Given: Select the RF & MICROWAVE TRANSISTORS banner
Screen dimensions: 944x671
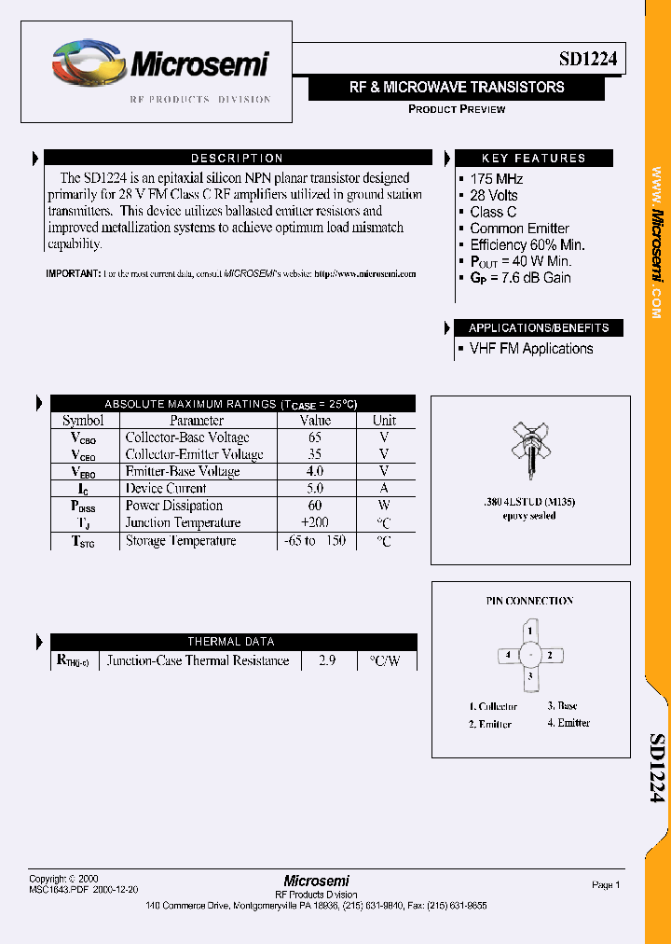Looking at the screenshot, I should pyautogui.click(x=457, y=88).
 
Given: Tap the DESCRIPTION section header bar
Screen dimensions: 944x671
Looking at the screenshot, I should pyautogui.click(x=237, y=159).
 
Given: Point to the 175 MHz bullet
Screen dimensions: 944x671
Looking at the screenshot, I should pyautogui.click(x=496, y=179).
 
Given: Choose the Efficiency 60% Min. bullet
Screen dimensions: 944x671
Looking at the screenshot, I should pyautogui.click(x=527, y=244).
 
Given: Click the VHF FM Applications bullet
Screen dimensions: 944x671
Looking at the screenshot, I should pyautogui.click(x=530, y=349).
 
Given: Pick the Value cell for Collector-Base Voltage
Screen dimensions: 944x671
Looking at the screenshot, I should pyautogui.click(x=314, y=437).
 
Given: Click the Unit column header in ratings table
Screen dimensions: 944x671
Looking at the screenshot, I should pyautogui.click(x=384, y=421).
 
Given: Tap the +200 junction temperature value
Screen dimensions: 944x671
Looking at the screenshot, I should pyautogui.click(x=314, y=523).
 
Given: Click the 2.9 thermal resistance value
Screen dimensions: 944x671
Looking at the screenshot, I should pyautogui.click(x=325, y=660).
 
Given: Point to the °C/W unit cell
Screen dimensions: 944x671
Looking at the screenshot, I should pyautogui.click(x=384, y=660).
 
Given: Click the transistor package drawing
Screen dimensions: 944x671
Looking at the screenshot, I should pyautogui.click(x=527, y=446).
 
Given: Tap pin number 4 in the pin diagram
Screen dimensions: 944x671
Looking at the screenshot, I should pyautogui.click(x=508, y=655).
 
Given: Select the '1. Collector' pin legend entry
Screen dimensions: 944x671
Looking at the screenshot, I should pyautogui.click(x=493, y=707).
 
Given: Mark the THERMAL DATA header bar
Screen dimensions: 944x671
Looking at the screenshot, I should pyautogui.click(x=231, y=642).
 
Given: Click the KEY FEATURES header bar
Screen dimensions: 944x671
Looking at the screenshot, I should pyautogui.click(x=533, y=159).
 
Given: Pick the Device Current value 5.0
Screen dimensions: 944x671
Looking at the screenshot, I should pyautogui.click(x=314, y=489).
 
